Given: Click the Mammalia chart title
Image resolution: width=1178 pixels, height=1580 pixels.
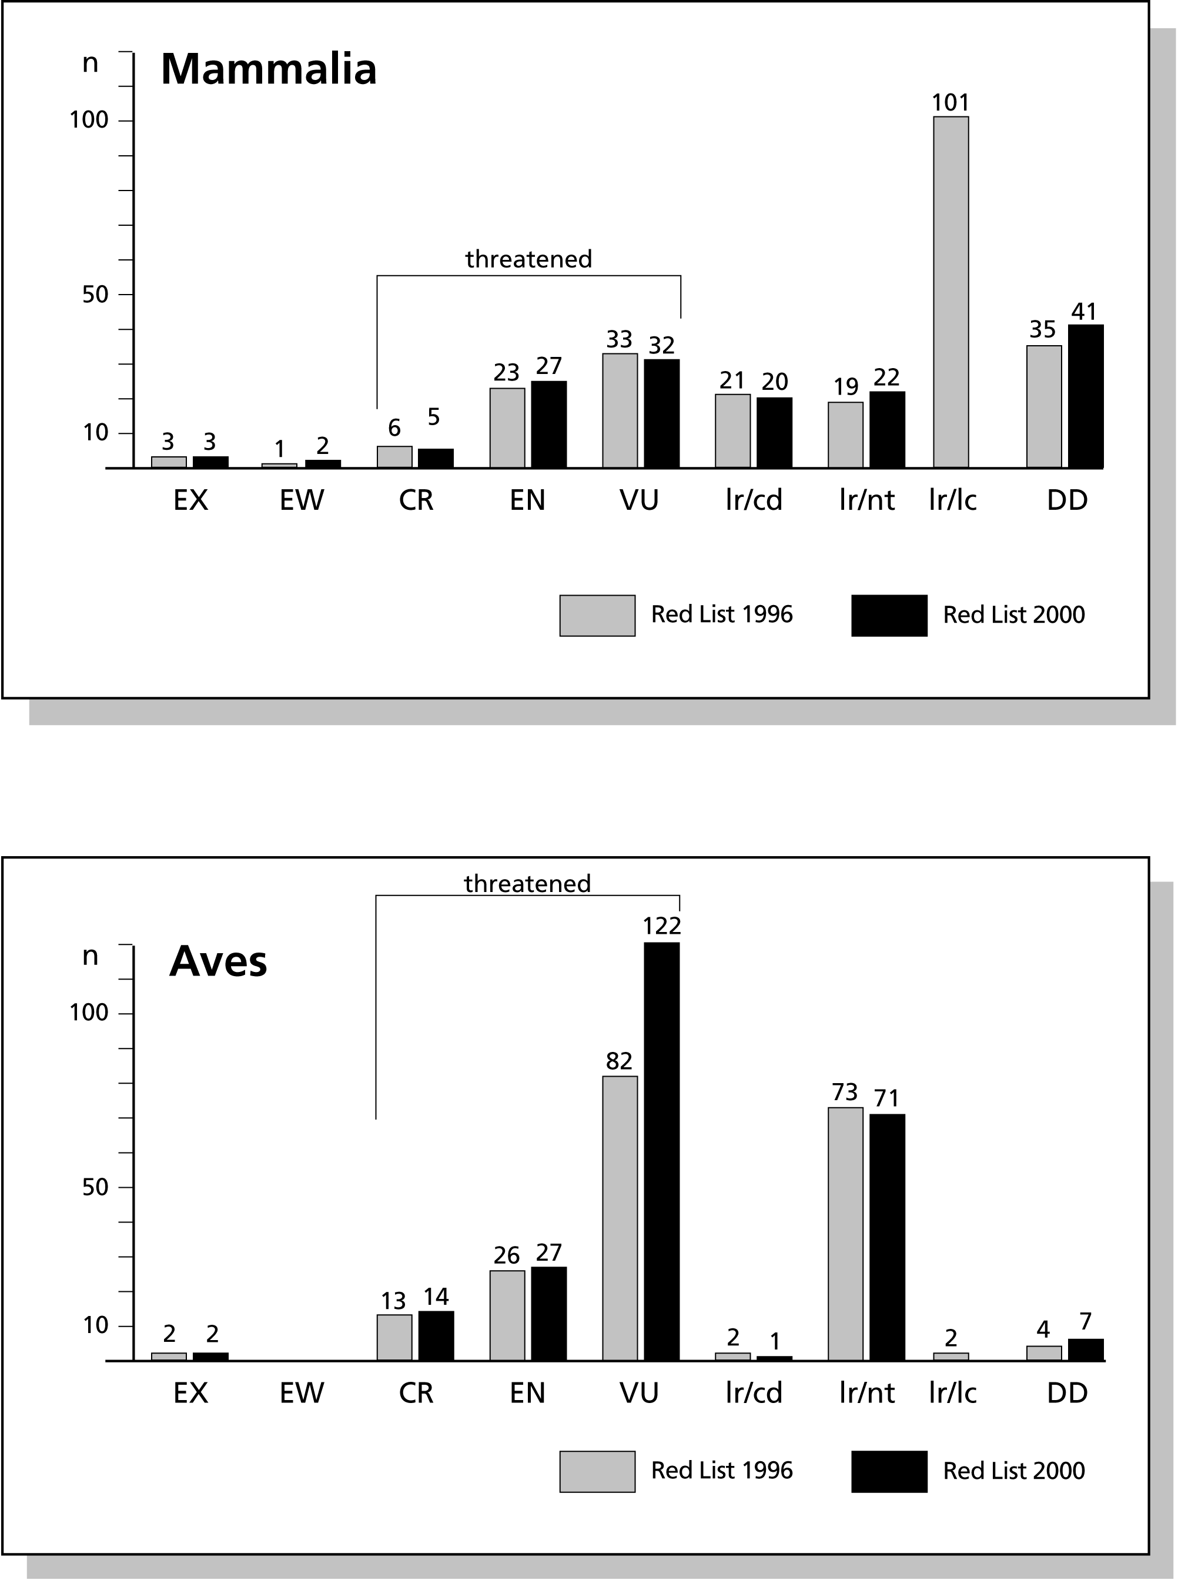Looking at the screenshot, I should coord(268,69).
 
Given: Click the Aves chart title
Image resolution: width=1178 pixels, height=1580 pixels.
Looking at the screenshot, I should coord(218,962).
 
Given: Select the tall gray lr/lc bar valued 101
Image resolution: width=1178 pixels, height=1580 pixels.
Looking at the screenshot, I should coord(951,292).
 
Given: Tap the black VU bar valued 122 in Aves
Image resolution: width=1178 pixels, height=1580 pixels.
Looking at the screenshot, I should coord(662,1151).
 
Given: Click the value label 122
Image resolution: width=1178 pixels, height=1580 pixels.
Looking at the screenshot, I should coord(662,926).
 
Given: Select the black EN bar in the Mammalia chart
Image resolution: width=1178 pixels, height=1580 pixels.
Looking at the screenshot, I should coord(548,425).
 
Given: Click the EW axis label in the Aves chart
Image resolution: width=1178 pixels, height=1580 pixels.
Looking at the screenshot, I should coord(302,1392).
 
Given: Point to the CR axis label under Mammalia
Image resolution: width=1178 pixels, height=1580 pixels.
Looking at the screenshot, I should coord(416,500).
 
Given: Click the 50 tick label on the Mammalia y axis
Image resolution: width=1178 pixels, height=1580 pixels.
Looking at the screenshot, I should coord(95,294).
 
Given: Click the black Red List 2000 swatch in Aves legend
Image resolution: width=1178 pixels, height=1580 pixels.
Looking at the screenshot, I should coord(889,1471).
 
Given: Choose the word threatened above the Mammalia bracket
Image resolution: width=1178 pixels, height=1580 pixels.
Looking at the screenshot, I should coord(528,259).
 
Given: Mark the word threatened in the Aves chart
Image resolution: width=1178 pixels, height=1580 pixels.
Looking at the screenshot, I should coord(528,884).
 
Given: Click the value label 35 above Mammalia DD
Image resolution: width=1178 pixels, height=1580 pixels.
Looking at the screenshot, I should coord(1043,329).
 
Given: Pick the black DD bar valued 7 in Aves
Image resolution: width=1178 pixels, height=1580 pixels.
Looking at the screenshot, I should coord(1085,1349).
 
